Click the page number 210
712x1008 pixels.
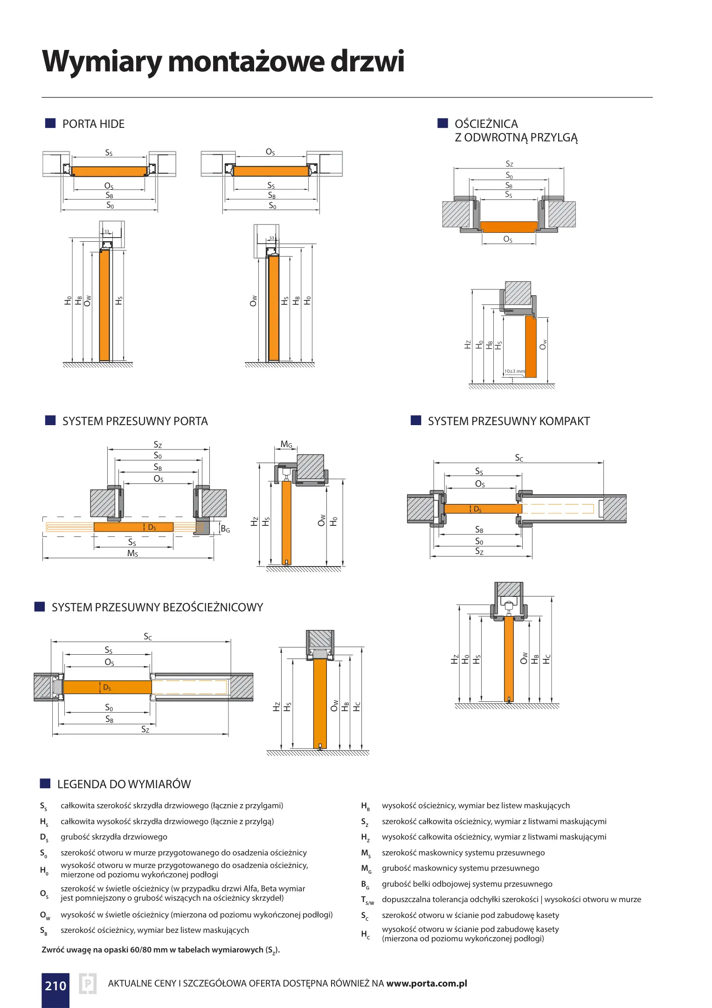coord(55,985)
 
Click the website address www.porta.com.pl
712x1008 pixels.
coord(427,983)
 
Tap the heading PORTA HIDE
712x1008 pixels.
coord(93,124)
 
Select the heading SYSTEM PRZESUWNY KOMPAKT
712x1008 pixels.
coord(509,421)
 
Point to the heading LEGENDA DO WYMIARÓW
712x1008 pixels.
coord(124,784)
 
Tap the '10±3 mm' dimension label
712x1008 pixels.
coord(514,371)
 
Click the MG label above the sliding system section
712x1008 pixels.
coord(286,444)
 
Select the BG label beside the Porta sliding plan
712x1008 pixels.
coord(225,529)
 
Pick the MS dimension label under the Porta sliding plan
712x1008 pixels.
coord(132,553)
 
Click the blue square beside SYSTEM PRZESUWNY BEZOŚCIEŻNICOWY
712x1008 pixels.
coord(40,607)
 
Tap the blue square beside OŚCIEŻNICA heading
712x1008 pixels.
coord(442,123)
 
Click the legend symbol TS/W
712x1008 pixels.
coord(367,900)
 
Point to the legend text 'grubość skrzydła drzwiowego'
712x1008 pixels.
coord(114,837)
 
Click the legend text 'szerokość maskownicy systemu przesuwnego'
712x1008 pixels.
coord(463,853)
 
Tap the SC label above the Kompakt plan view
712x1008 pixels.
coord(519,458)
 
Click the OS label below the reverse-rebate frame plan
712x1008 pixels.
coord(508,239)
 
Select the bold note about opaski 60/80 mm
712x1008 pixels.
coord(160,950)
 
